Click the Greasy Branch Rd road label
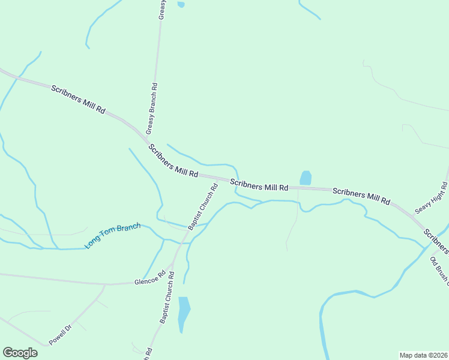152,108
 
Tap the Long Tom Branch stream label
112,236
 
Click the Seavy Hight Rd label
431,200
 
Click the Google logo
20,353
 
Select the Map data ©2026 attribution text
423,355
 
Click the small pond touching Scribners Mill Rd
306,178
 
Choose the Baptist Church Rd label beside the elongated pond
167,298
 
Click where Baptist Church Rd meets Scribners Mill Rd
220,179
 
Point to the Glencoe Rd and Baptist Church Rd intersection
173,265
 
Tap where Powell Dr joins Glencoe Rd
106,284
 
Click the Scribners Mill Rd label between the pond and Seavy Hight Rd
361,196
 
